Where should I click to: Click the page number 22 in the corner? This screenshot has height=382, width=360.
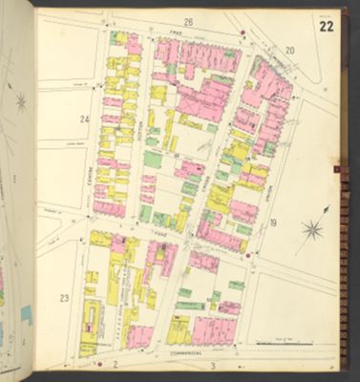(327, 25)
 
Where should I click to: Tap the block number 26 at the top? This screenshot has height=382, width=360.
(188, 21)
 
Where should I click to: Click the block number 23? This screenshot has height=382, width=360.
(63, 299)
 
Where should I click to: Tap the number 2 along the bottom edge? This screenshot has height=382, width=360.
(114, 365)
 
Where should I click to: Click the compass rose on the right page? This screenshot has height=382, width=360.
(312, 228)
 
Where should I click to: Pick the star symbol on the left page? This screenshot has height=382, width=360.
(21, 100)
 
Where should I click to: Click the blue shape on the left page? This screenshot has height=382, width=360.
(26, 312)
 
